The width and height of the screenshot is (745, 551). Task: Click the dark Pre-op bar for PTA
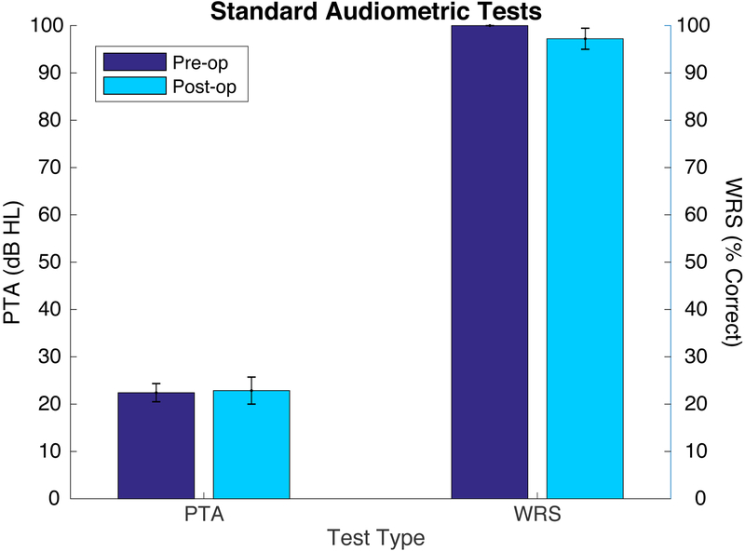156,446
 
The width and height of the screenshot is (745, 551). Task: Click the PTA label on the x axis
203,514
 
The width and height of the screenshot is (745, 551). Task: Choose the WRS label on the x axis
536,514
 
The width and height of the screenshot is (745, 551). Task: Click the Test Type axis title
371,537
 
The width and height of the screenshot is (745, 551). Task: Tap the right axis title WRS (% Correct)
731,262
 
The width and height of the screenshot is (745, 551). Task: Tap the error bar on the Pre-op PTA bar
156,393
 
